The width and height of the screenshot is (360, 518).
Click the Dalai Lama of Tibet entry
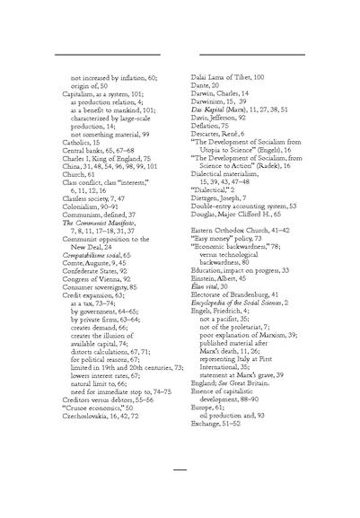click(228, 80)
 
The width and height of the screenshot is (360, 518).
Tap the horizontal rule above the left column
click(101, 56)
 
